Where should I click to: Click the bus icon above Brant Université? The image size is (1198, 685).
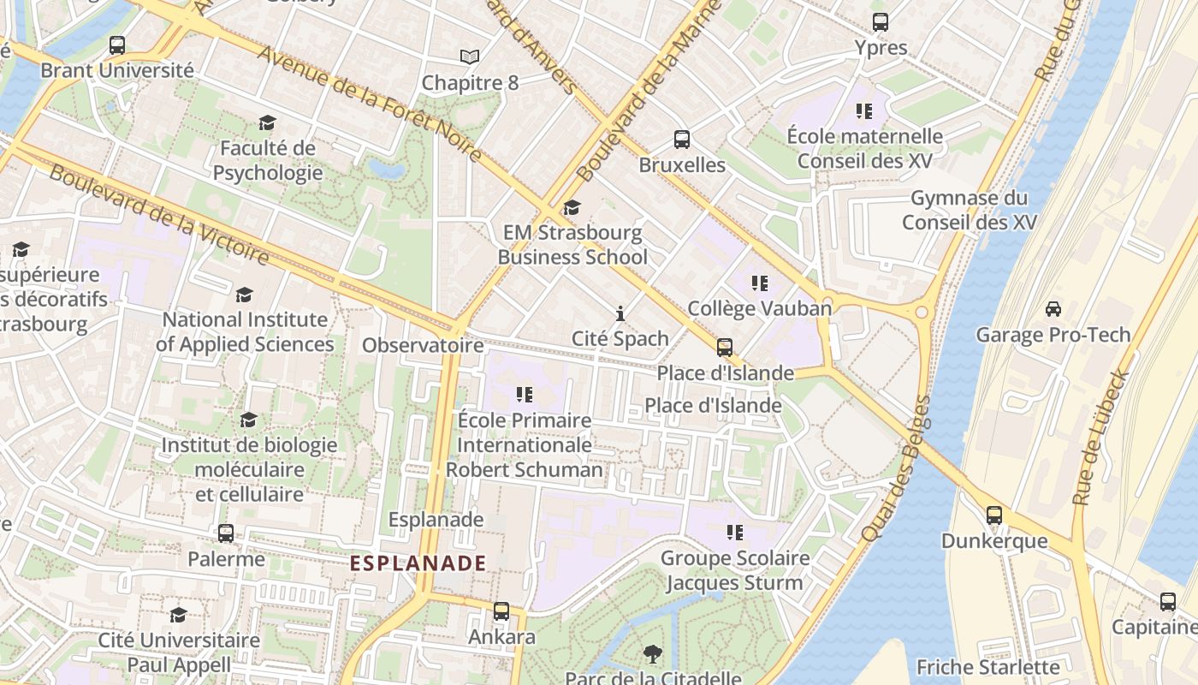pos(117,45)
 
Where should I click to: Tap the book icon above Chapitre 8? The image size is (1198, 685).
pos(470,57)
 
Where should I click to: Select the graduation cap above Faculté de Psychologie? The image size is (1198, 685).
pos(268,123)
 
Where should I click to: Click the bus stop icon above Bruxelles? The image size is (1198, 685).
pos(682,140)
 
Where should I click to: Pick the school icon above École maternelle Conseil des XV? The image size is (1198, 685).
pos(864,111)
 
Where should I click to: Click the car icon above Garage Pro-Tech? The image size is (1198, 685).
pos(1053,309)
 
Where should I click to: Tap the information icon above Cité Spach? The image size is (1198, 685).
pos(620,313)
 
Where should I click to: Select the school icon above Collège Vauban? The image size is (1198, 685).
pos(759,283)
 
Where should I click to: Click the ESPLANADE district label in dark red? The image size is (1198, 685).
pos(418,563)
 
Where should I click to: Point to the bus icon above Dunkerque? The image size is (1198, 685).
pos(994,515)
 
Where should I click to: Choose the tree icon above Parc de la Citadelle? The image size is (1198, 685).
pos(652,654)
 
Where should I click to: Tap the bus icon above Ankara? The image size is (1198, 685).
pos(501,611)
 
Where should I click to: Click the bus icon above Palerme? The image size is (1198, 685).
pos(226,533)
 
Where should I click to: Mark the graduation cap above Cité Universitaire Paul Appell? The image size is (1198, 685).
pos(178,615)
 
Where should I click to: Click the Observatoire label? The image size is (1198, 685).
pos(423,345)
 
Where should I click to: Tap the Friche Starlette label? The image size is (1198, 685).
pos(987,667)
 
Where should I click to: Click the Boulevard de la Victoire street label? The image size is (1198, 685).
pos(159,212)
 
